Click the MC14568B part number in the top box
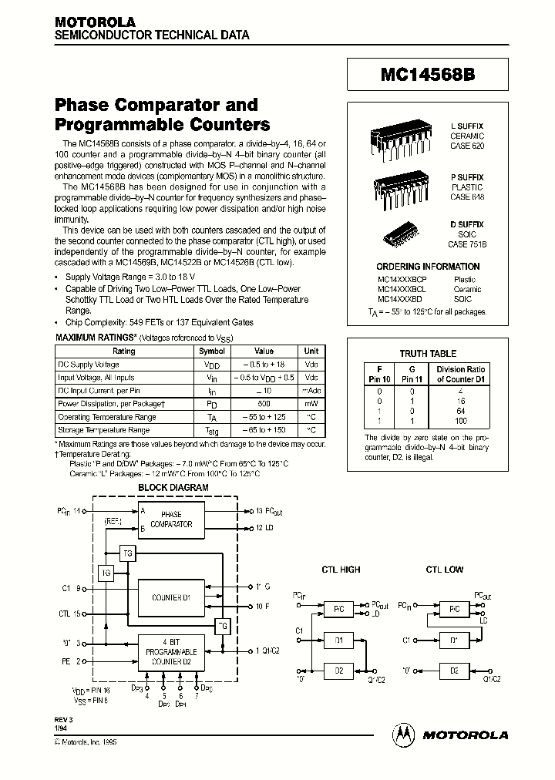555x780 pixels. pos(428,75)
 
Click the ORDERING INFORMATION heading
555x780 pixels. pos(427,266)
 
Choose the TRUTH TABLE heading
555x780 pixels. pos(428,353)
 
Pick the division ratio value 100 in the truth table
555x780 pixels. pos(461,422)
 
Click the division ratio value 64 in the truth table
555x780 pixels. pos(461,412)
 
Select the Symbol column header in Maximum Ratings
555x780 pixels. pos(211,351)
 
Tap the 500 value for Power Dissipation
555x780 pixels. pos(264,403)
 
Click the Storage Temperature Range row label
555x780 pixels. pos(103,430)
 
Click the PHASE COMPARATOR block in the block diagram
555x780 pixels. pos(171,519)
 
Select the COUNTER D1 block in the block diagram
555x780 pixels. pos(171,597)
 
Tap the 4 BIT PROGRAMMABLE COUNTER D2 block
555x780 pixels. pos(171,651)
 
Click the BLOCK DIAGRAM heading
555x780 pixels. pos(173,488)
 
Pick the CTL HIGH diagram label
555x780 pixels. pos(341,570)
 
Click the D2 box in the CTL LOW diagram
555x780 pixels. pos(454,671)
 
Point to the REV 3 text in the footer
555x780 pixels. pos(64,718)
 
